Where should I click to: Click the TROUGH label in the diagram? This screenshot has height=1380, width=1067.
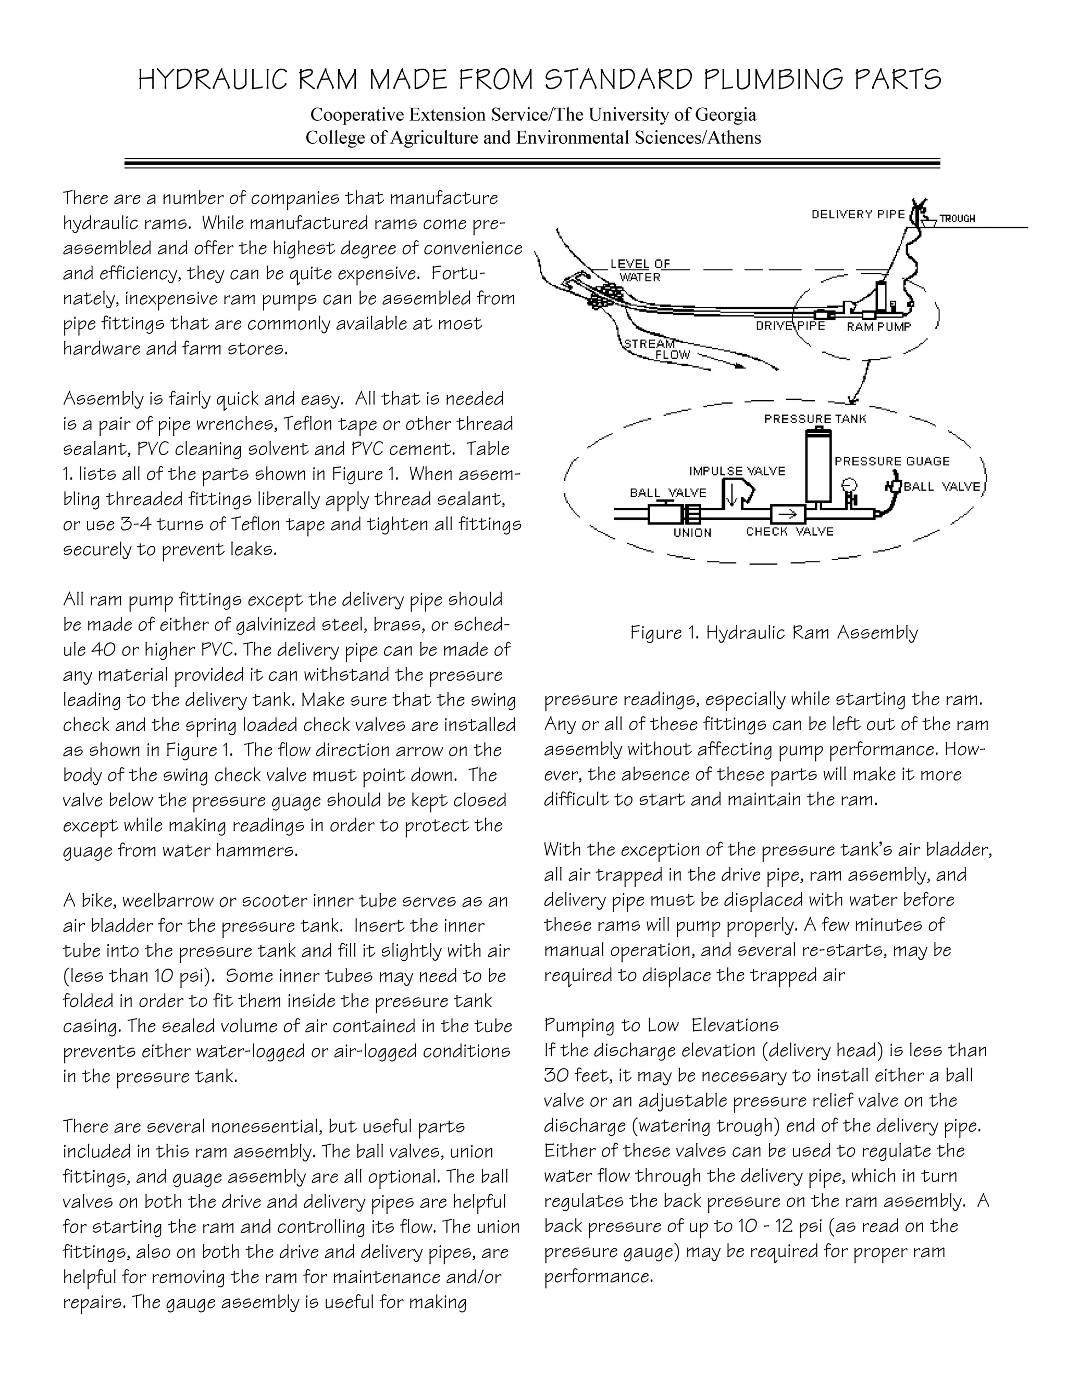coord(957,219)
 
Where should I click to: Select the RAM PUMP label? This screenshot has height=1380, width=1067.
coord(878,327)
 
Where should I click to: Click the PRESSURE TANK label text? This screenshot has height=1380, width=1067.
coord(815,419)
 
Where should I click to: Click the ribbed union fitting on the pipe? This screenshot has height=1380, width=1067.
coord(691,515)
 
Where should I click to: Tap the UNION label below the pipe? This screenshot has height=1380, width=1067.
coord(692,533)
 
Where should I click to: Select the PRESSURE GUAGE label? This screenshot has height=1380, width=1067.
coord(891,461)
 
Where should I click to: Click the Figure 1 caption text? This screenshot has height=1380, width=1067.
coord(774,633)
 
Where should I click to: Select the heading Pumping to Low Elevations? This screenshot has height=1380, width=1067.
coord(661,1024)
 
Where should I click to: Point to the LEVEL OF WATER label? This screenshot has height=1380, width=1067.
coord(640,270)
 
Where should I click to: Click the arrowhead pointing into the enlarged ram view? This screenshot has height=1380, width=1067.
coord(851,400)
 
